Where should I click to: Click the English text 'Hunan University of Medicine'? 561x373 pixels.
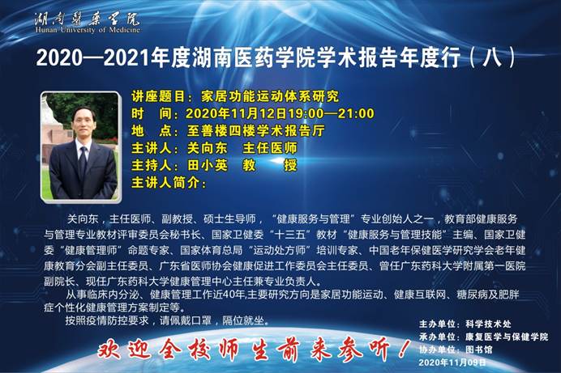pos(88,29)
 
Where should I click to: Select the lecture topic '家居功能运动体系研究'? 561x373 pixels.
pos(270,96)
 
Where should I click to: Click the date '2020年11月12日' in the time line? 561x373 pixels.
pos(237,113)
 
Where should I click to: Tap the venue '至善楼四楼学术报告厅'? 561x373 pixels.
pos(255,130)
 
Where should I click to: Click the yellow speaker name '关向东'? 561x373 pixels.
pos(208,148)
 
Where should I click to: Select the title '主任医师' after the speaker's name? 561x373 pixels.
pos(270,148)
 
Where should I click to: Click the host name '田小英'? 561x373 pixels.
pos(208,165)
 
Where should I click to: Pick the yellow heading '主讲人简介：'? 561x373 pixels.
pos(169,182)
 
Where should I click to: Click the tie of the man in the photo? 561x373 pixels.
pos(83,163)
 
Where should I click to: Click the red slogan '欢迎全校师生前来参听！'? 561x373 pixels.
pos(253,349)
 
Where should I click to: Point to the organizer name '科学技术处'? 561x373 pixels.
pos(488,324)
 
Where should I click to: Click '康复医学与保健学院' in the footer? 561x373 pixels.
pos(506,337)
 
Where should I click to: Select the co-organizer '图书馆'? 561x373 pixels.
pos(478,349)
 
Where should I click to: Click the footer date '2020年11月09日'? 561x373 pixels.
pos(452,362)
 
